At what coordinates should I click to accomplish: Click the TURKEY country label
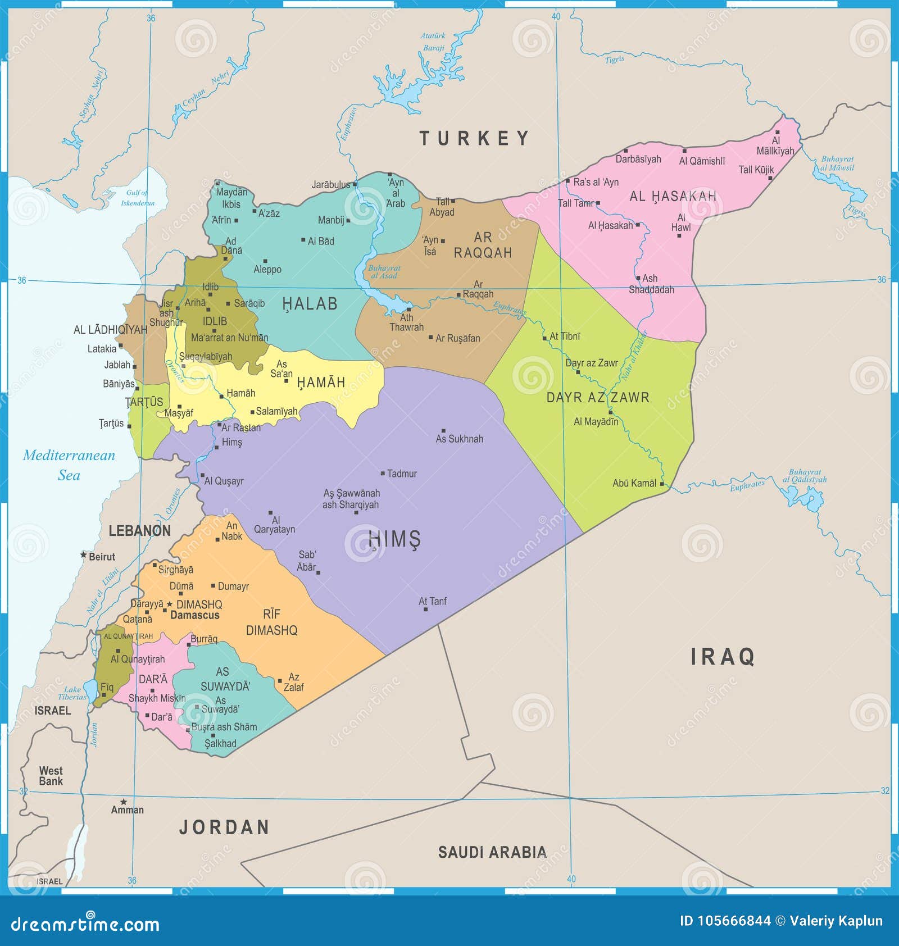tap(475, 138)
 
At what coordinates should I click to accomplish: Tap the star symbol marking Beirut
tap(84, 554)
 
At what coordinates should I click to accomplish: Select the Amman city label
tap(128, 809)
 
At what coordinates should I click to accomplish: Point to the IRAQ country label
tap(723, 656)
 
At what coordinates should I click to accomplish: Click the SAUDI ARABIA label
tap(492, 852)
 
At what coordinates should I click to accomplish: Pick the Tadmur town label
tap(402, 474)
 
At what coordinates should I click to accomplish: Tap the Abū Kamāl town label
tap(634, 483)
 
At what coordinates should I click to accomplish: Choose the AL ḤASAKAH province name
tap(673, 196)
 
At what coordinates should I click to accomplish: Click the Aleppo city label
tap(267, 270)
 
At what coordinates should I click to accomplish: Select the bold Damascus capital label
tap(194, 615)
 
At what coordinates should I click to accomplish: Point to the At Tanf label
tap(433, 601)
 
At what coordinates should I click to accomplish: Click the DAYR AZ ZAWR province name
tap(598, 397)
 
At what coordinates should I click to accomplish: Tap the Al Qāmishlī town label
tap(702, 161)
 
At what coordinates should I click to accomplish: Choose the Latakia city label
tap(102, 349)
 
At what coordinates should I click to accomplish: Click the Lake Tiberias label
tap(72, 693)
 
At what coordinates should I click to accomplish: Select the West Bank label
tap(51, 776)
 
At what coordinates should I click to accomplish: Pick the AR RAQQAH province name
tap(483, 245)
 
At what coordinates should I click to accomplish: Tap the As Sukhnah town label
tap(459, 439)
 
